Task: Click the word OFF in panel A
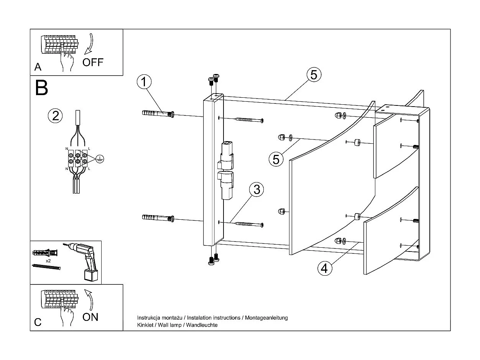coord(93,62)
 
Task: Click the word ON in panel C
coord(90,317)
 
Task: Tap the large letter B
coord(41,87)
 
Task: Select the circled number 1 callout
coord(144,82)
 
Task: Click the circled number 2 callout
coord(55,115)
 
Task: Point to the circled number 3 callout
coord(256,190)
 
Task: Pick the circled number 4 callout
coord(324,268)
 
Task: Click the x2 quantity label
coord(48,260)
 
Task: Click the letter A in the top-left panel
coord(38,67)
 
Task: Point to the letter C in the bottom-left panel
coord(38,322)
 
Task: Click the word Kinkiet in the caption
coord(145,325)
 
